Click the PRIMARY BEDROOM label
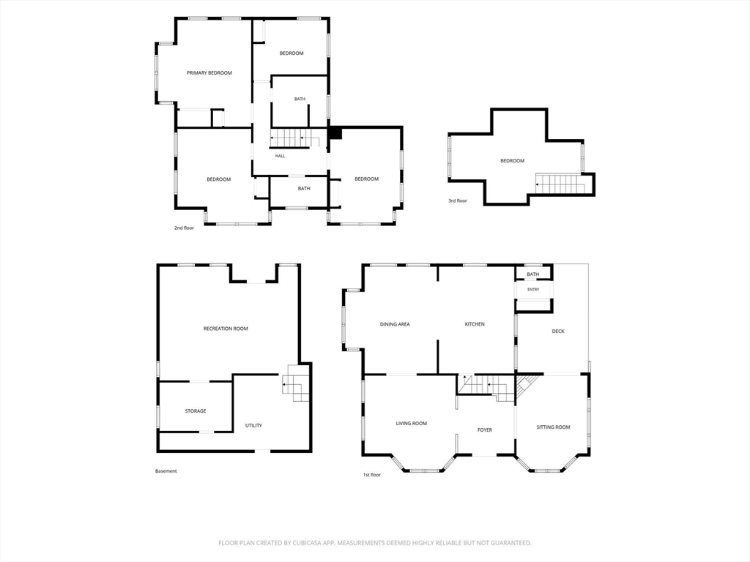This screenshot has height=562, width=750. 209,73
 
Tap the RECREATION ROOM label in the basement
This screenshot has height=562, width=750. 226,329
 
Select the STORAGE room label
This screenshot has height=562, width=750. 196,411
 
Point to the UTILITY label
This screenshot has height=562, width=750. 253,425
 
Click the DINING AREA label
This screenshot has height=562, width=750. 395,324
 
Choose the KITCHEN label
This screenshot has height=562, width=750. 475,324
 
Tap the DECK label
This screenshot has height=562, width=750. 558,331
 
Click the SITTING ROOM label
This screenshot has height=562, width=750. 554,427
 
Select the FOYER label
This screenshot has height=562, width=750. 485,430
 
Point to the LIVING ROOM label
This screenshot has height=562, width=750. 412,424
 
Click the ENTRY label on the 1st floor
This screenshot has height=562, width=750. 533,290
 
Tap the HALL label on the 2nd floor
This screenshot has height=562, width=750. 281,156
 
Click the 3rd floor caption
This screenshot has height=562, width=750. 457,201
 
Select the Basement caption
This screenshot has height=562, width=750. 166,471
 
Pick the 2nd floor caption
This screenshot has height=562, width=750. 184,228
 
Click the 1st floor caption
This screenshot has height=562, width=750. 371,475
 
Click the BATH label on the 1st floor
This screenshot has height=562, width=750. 533,274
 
